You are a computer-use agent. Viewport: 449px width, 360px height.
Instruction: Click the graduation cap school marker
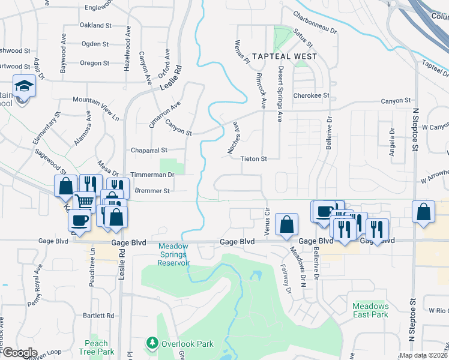pyautogui.click(x=25, y=86)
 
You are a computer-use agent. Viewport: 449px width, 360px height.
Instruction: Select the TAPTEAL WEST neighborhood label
pyautogui.click(x=285, y=56)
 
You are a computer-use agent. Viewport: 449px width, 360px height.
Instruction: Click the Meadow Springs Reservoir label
pyautogui.click(x=174, y=254)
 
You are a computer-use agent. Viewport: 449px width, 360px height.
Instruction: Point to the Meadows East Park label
pyautogui.click(x=370, y=310)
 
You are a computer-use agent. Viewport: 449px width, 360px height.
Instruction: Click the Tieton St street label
pyautogui.click(x=253, y=158)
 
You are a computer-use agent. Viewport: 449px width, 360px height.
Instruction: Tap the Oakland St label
pyautogui.click(x=96, y=26)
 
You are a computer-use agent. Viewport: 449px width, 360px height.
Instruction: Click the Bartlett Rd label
pyautogui.click(x=98, y=315)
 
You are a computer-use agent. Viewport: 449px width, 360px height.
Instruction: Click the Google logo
pyautogui.click(x=19, y=353)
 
